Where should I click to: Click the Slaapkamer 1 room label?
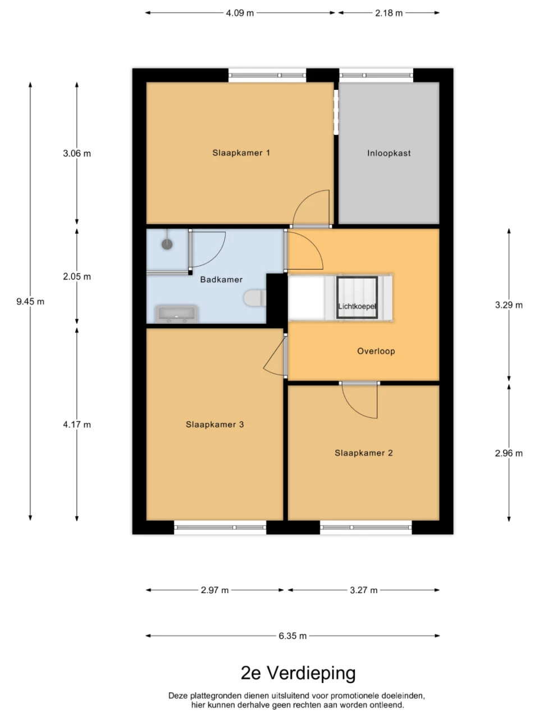tap(241, 153)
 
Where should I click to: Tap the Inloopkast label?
tap(389, 153)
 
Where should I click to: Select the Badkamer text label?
tap(221, 279)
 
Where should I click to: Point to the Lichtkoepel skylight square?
tap(357, 297)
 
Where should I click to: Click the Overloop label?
tap(376, 351)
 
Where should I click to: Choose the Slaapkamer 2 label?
tap(363, 453)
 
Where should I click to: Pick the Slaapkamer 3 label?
tap(214, 425)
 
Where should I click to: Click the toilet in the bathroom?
tap(254, 298)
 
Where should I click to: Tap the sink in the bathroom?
tap(176, 313)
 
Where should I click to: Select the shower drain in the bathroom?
tap(167, 244)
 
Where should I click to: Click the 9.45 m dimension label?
tap(30, 302)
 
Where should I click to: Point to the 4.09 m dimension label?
tap(240, 12)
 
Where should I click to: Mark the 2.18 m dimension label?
tap(389, 12)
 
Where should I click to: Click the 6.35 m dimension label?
tap(293, 636)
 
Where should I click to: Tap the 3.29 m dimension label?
tap(508, 305)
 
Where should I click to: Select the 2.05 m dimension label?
tap(77, 276)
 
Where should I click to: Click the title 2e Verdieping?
tap(298, 672)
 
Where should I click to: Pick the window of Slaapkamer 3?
tap(220, 527)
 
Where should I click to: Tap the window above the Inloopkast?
tap(376, 75)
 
